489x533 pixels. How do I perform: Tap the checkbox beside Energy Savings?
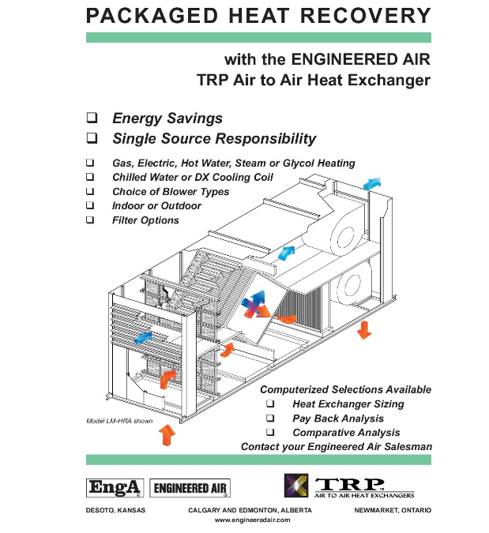92,118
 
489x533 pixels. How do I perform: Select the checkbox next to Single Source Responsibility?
92,139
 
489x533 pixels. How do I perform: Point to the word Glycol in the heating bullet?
289,163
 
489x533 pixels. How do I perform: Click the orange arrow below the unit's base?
167,434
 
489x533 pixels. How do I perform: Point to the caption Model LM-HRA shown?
119,421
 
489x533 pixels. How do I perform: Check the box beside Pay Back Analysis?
271,418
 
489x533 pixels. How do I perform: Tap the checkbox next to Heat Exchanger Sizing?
271,404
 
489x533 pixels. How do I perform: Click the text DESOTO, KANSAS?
115,511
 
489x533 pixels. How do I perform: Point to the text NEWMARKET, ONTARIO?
394,511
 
